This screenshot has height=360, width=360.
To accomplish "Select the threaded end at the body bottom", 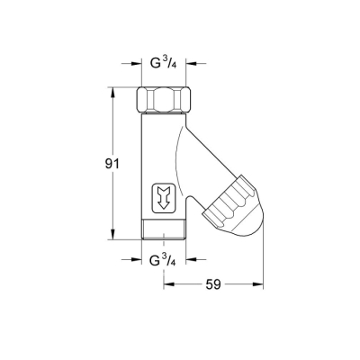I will [164, 233].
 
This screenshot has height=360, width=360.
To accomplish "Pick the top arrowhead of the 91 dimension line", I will [112, 91].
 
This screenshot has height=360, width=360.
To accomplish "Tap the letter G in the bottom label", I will [155, 263].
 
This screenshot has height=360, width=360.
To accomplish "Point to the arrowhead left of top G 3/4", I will [136, 66].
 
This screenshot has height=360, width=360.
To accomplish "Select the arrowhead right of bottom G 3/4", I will [192, 263].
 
